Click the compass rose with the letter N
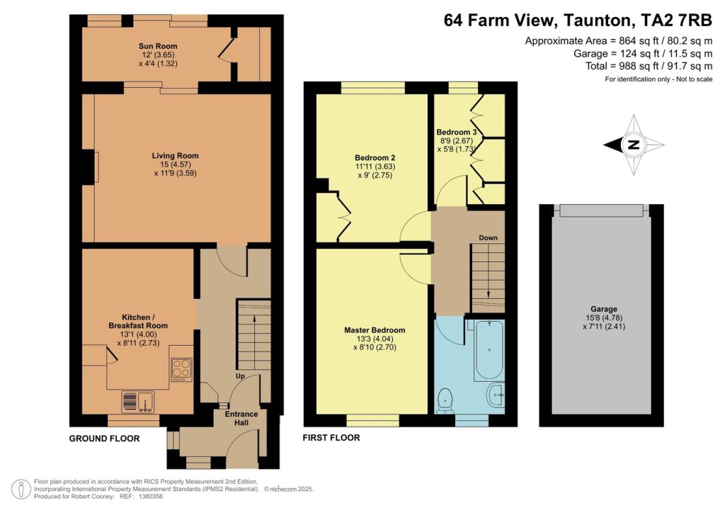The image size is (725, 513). coord(634,145)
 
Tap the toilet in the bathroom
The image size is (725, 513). coord(445,398)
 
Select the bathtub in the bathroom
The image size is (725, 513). coord(487,351)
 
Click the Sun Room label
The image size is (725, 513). coord(158,46)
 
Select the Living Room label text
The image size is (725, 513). coord(175,156)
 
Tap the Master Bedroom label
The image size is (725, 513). coord(375,330)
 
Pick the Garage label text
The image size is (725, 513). coord(600,310)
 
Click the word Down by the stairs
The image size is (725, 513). coord(487,237)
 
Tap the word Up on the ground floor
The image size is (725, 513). coord(241,376)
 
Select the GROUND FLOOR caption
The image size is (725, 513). coord(104,439)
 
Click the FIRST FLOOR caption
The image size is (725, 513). coord(331,438)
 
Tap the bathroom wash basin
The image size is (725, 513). coord(496,393)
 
